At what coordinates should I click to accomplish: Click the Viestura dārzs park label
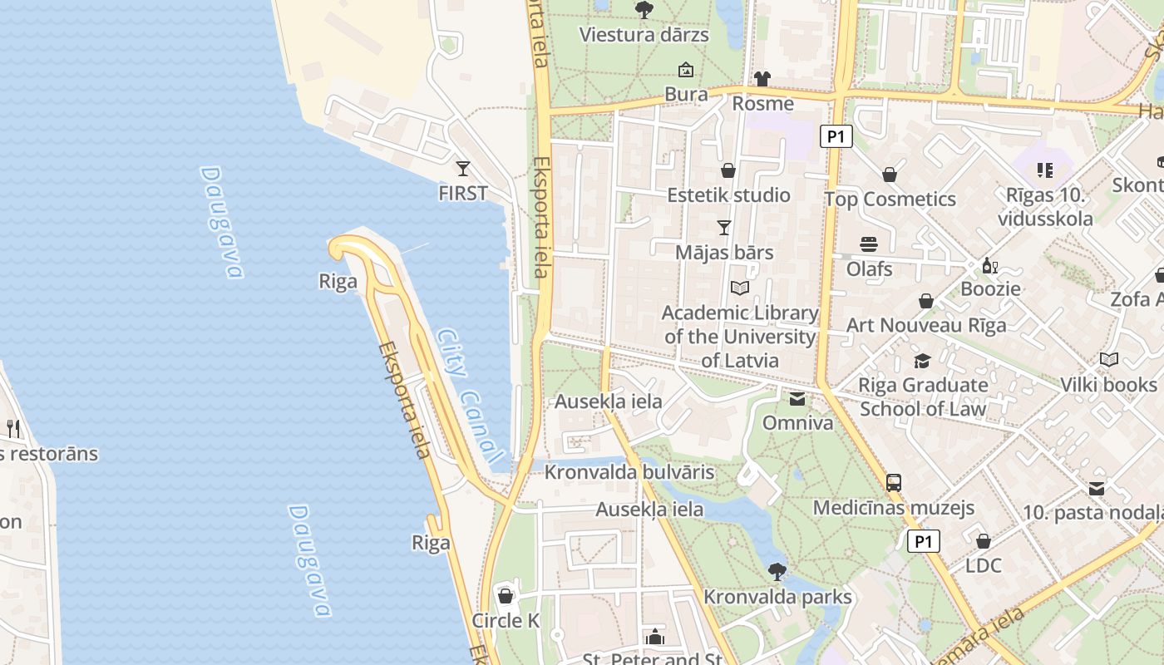tap(644, 35)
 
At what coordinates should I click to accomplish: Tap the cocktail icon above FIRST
tap(463, 169)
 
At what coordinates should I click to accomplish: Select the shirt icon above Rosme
tap(762, 79)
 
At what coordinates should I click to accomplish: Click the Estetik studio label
tap(728, 195)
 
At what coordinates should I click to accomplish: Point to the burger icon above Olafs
tap(869, 244)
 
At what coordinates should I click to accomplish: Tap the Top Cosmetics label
tap(890, 199)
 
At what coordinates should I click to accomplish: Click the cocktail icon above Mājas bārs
tap(724, 227)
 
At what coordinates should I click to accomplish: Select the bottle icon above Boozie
tap(989, 266)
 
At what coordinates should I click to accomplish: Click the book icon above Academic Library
tap(740, 288)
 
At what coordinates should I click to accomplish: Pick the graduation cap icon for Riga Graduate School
tap(922, 361)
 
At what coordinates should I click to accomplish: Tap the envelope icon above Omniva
tap(797, 399)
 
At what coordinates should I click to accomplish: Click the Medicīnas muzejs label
tap(893, 508)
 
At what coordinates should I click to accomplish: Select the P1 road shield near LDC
tap(923, 542)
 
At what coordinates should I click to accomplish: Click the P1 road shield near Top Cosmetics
tap(836, 136)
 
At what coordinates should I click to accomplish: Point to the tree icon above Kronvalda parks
tap(777, 572)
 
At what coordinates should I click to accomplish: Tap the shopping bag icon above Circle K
tap(506, 596)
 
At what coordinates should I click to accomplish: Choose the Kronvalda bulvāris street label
tap(629, 472)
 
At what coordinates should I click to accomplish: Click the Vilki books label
tap(1108, 385)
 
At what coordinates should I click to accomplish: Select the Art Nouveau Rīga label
tap(925, 325)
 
